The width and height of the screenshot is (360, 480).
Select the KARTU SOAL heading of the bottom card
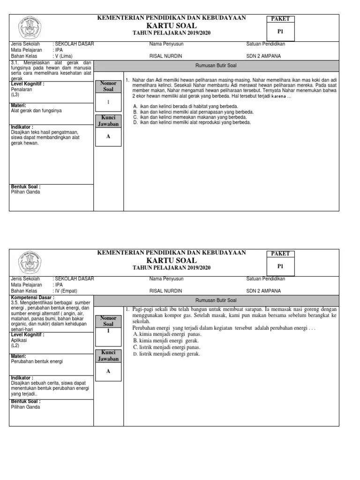[172, 260]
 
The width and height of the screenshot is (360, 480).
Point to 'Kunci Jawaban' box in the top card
[108, 121]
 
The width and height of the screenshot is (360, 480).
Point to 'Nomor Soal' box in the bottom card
[108, 321]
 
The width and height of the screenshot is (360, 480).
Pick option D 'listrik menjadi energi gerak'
[166, 354]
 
